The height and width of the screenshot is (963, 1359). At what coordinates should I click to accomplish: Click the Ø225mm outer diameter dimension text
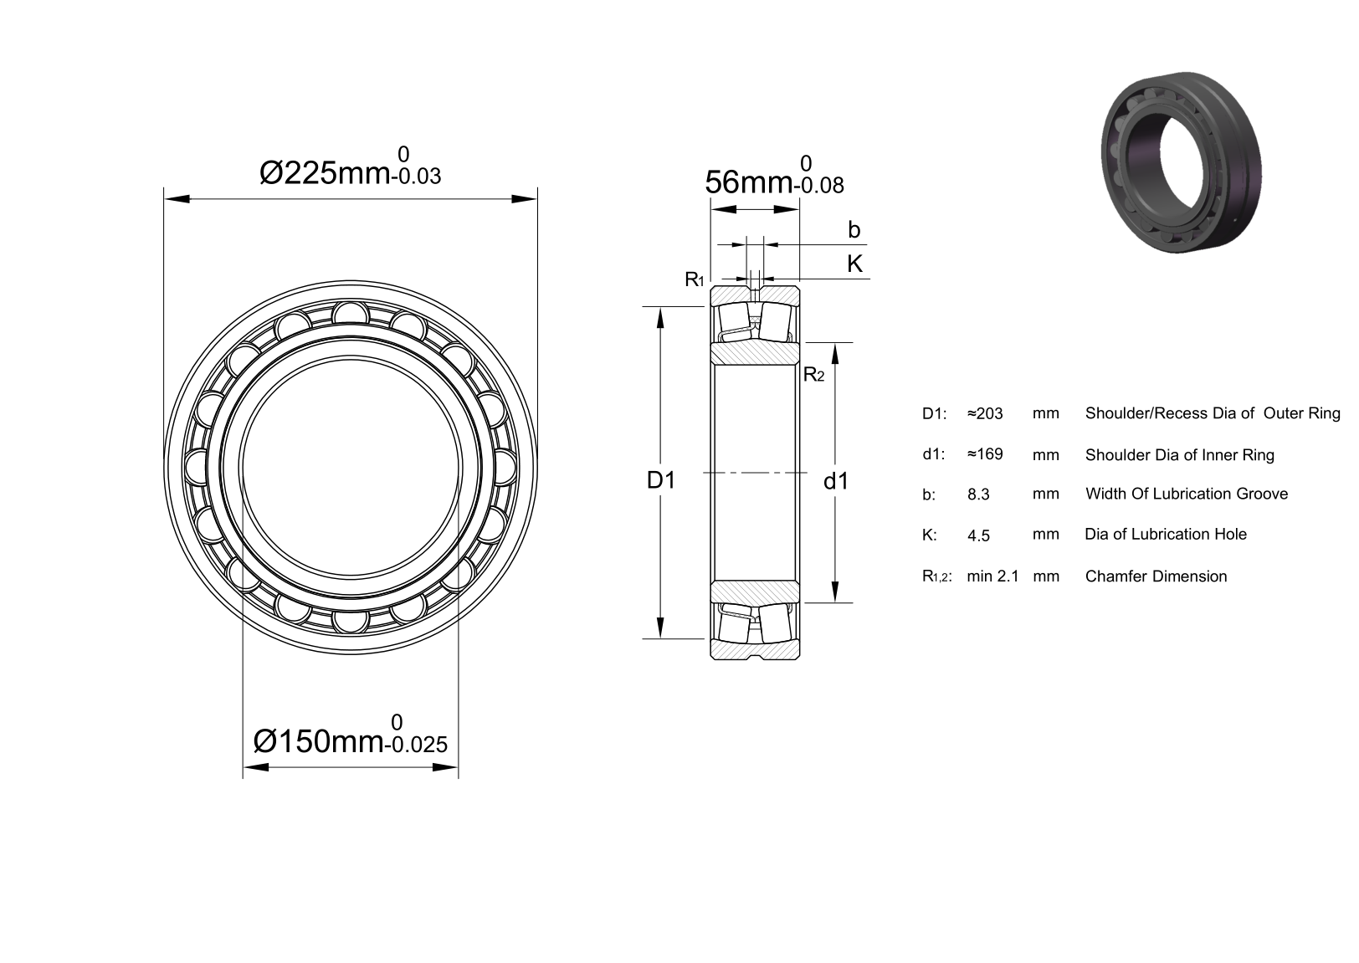325,173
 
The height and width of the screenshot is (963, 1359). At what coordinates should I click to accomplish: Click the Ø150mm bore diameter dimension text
318,741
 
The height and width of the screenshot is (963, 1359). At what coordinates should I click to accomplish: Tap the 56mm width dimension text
749,182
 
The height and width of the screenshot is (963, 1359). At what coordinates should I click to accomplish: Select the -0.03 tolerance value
416,176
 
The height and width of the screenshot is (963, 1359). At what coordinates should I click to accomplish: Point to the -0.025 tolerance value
416,744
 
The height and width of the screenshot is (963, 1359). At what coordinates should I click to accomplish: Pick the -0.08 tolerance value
818,185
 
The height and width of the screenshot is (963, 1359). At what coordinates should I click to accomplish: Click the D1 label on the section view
661,480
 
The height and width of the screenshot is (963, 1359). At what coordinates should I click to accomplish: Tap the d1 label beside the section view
835,481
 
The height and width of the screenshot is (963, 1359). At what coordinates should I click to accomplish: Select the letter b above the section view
854,230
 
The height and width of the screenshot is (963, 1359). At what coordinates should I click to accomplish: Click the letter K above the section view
854,264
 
